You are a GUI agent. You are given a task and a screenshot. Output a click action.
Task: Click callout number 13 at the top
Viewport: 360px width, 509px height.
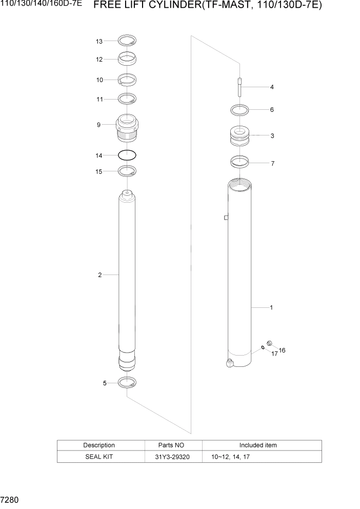(x=99, y=41)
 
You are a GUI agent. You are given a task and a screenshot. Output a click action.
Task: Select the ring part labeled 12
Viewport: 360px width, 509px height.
(x=127, y=58)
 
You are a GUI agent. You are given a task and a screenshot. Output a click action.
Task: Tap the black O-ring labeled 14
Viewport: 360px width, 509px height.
(x=127, y=154)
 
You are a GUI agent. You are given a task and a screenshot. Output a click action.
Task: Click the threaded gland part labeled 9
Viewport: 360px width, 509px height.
(x=127, y=128)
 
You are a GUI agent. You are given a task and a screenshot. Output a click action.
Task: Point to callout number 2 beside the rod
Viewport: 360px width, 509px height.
(x=100, y=275)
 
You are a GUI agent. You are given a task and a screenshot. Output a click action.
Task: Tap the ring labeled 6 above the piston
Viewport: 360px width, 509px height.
(x=239, y=109)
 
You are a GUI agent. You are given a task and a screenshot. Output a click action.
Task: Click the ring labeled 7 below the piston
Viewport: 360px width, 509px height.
(x=239, y=163)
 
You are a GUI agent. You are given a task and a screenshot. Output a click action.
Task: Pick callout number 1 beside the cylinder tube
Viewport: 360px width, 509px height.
(x=271, y=308)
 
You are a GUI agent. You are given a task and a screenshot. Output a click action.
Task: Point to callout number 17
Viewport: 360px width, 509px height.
(x=274, y=354)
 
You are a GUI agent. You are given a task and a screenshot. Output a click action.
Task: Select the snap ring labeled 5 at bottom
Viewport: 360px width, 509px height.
(x=127, y=382)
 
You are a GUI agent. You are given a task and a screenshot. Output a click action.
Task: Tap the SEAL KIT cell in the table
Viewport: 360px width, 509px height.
(x=99, y=457)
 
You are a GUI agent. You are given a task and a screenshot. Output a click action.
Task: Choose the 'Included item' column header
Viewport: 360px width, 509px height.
(x=258, y=445)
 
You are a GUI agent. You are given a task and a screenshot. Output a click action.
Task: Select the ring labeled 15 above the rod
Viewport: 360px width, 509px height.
(x=127, y=171)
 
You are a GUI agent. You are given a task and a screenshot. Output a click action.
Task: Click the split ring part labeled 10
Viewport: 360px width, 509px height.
(x=127, y=79)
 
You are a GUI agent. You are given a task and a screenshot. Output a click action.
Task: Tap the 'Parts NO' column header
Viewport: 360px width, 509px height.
(x=172, y=445)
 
